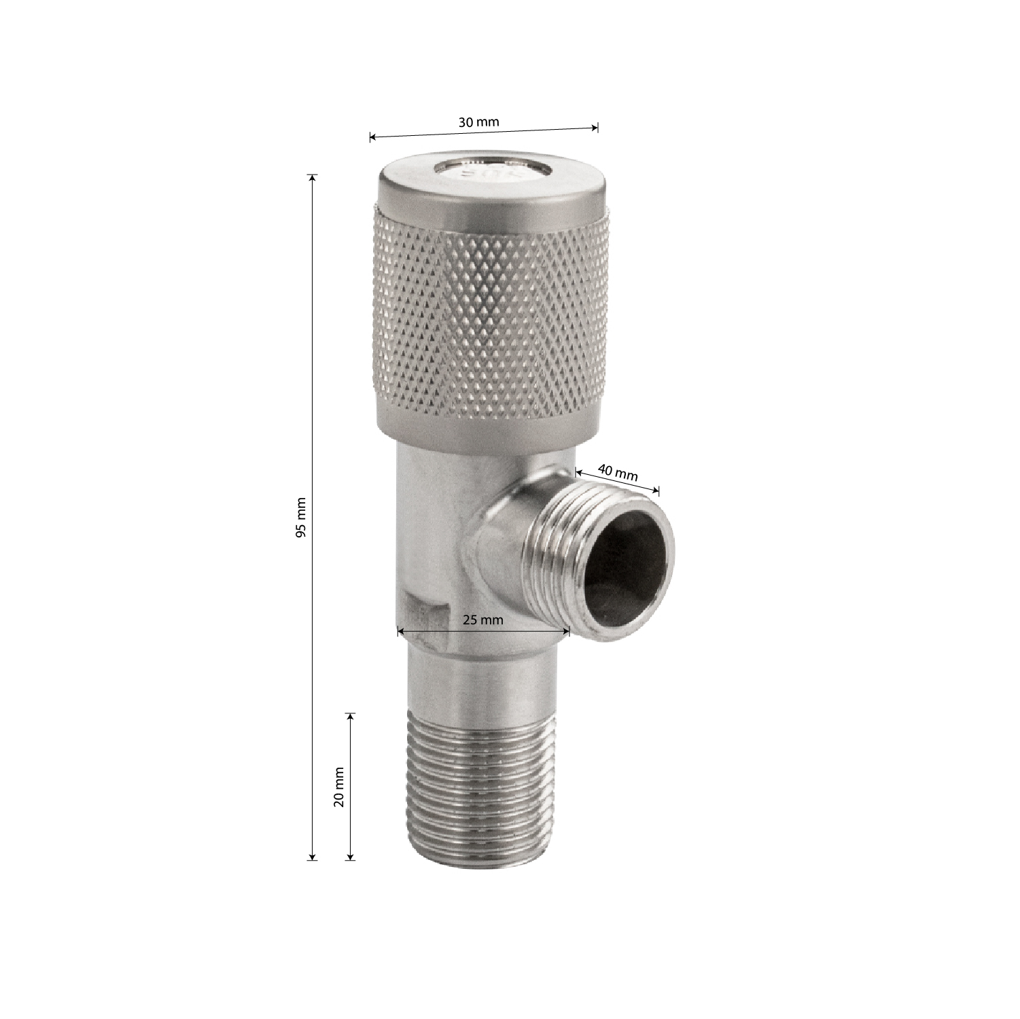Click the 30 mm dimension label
[478, 122]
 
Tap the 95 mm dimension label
[301, 518]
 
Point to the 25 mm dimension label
[482, 620]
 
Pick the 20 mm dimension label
[339, 786]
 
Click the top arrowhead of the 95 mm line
[313, 178]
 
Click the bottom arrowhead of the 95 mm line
[313, 857]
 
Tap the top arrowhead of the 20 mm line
[351, 717]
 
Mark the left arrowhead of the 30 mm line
[373, 137]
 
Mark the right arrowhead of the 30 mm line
[595, 127]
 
